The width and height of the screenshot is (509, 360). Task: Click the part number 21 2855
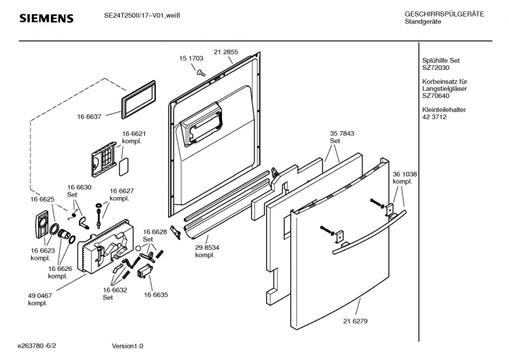pos(226,51)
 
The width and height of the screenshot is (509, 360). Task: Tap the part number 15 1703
pos(192,58)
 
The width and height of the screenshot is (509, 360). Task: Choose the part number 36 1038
pos(405,174)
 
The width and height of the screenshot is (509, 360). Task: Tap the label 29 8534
pos(207,248)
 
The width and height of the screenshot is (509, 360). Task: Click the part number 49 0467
pos(39,296)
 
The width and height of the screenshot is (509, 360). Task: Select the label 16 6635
pos(155,295)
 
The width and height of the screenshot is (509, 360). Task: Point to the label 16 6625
pos(43,199)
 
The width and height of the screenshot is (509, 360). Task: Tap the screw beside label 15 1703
pos(200,73)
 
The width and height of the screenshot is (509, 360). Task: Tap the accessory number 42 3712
pos(434,117)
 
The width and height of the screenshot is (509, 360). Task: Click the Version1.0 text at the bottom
pos(127,345)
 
